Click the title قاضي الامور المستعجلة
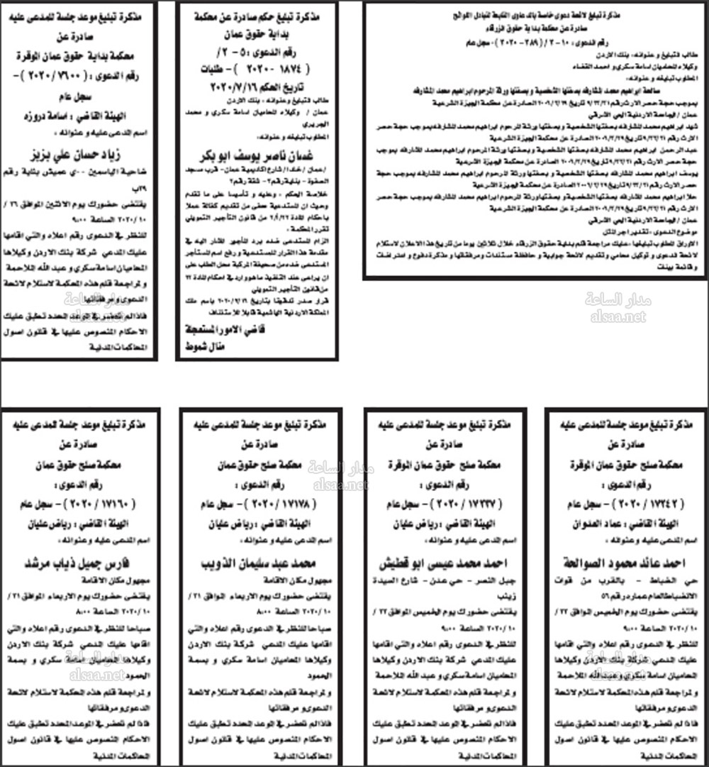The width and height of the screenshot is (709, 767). click(x=219, y=332)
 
